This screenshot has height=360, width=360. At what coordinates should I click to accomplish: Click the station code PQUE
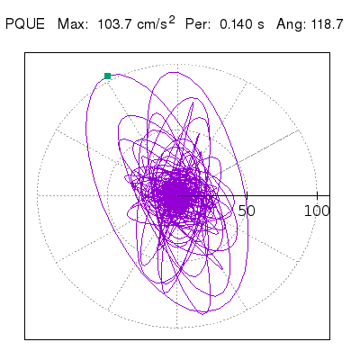point(25,24)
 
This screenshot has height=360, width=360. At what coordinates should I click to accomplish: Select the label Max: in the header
point(73,24)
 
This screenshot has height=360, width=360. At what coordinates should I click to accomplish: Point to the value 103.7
point(115,24)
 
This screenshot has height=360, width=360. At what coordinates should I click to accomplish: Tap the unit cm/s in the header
point(152,24)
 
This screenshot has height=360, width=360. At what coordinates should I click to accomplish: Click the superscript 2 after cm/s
point(172,20)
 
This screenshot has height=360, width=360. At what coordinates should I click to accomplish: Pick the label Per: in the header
point(198,24)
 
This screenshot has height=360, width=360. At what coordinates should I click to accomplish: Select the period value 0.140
point(236,24)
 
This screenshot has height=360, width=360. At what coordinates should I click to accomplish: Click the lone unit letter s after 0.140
point(261,25)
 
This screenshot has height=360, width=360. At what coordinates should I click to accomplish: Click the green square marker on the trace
point(107,76)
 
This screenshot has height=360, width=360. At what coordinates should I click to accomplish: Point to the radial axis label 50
point(247,211)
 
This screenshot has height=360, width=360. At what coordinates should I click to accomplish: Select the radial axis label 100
point(317,211)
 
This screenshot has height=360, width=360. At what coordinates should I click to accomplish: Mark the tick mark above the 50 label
point(247,195)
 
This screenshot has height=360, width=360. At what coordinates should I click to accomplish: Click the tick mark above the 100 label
point(318,195)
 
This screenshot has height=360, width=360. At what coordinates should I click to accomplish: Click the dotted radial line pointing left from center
point(107,195)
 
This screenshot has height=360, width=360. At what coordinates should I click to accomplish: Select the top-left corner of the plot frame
point(25,53)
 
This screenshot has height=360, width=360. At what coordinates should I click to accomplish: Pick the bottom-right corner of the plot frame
point(329,339)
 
